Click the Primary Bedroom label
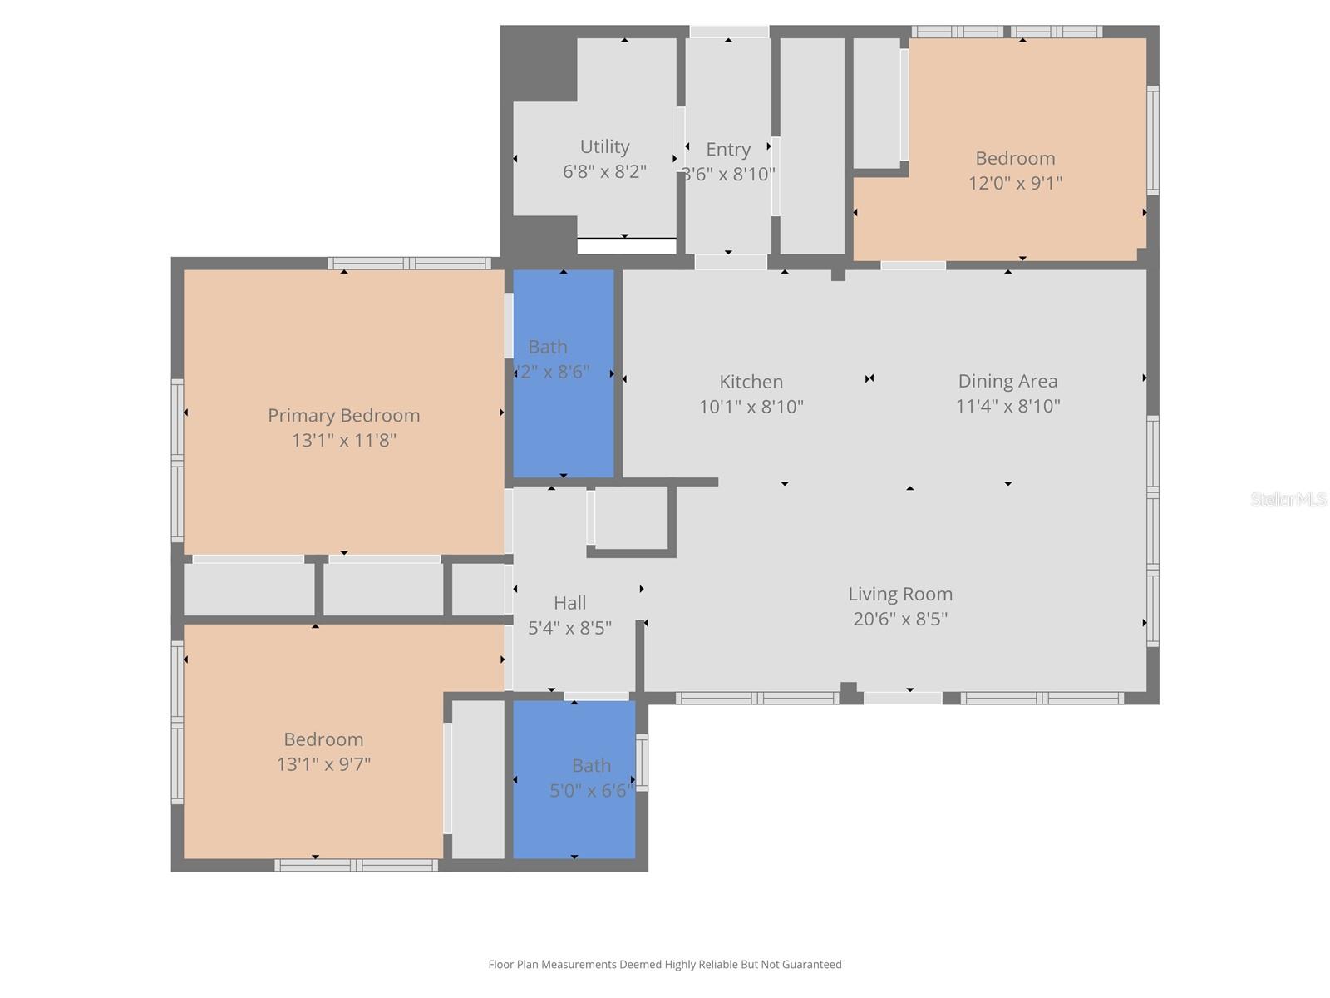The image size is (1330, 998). click(x=343, y=415)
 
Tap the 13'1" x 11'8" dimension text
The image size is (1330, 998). click(x=343, y=440)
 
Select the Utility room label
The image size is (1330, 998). click(x=604, y=146)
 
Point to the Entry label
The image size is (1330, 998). click(x=728, y=150)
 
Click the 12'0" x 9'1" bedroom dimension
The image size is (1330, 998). click(x=1015, y=183)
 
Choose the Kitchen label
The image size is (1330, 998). click(x=751, y=382)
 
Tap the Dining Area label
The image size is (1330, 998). click(x=1007, y=381)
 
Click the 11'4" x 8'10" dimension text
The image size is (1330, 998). click(x=1007, y=406)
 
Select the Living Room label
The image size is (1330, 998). click(x=900, y=594)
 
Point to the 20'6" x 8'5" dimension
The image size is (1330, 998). click(x=900, y=619)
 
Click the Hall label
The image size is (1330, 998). click(x=569, y=603)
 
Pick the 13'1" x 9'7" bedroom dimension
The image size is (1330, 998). click(x=323, y=764)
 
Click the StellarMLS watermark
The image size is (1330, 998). click(x=1288, y=499)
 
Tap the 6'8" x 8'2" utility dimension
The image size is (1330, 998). click(x=604, y=171)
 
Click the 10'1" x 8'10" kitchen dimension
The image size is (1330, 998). click(x=751, y=407)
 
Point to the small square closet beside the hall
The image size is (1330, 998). click(x=631, y=516)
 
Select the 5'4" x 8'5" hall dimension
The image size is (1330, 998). click(x=569, y=628)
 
